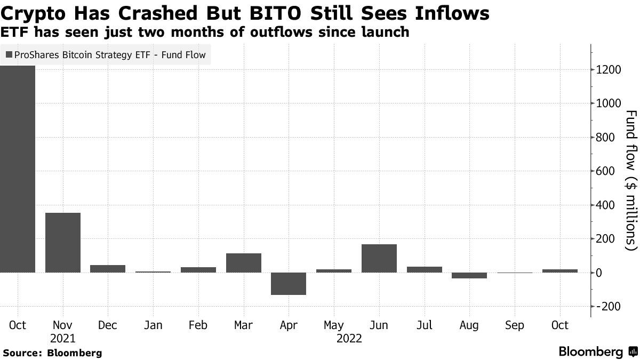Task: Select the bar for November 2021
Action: pyautogui.click(x=63, y=243)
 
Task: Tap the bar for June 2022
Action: pyautogui.click(x=379, y=259)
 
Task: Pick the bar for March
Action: pyautogui.click(x=244, y=263)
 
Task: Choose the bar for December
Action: pyautogui.click(x=108, y=269)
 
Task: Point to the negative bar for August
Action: pyautogui.click(x=469, y=276)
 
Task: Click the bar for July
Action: pyautogui.click(x=425, y=269)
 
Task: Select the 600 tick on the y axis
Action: pyautogui.click(x=605, y=171)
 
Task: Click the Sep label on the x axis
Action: pyautogui.click(x=515, y=325)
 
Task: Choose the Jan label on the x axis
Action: pyautogui.click(x=153, y=325)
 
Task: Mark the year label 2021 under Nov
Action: pyautogui.click(x=63, y=339)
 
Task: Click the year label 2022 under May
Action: pyautogui.click(x=349, y=339)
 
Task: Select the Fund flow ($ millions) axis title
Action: pyautogui.click(x=631, y=180)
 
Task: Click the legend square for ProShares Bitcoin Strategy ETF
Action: pyautogui.click(x=9, y=54)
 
